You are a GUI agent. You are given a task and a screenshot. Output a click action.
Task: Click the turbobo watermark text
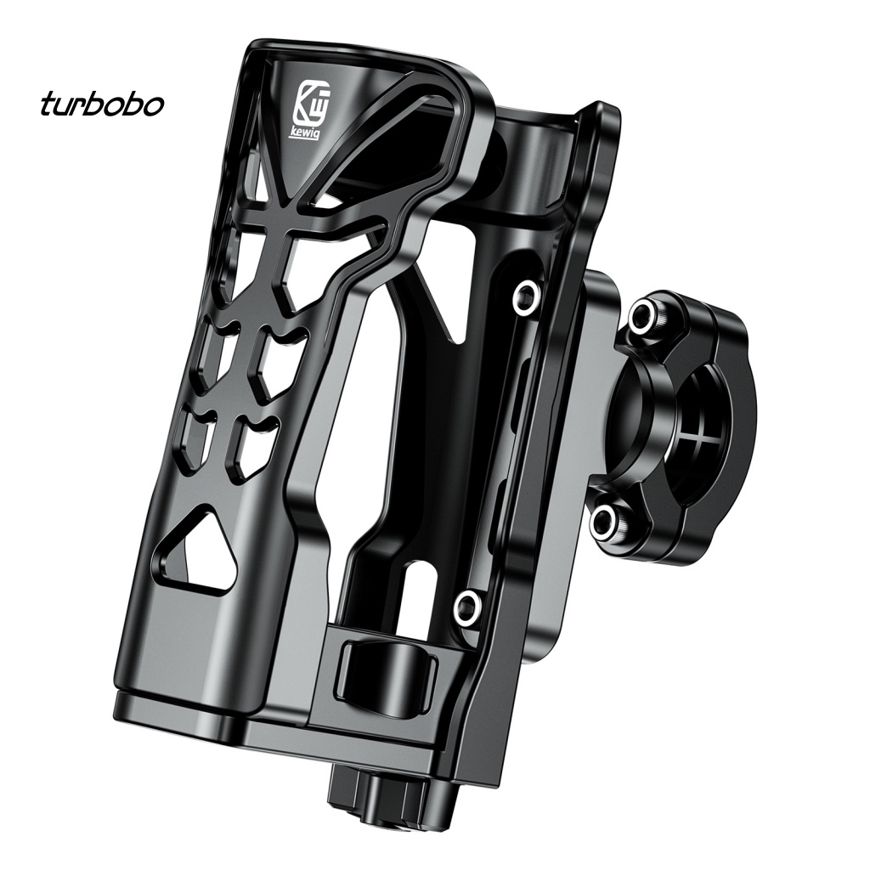coord(102,104)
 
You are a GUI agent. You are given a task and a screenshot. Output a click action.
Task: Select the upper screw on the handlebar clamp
coord(645,315)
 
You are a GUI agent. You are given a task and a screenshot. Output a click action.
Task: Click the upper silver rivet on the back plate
coord(526,295)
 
